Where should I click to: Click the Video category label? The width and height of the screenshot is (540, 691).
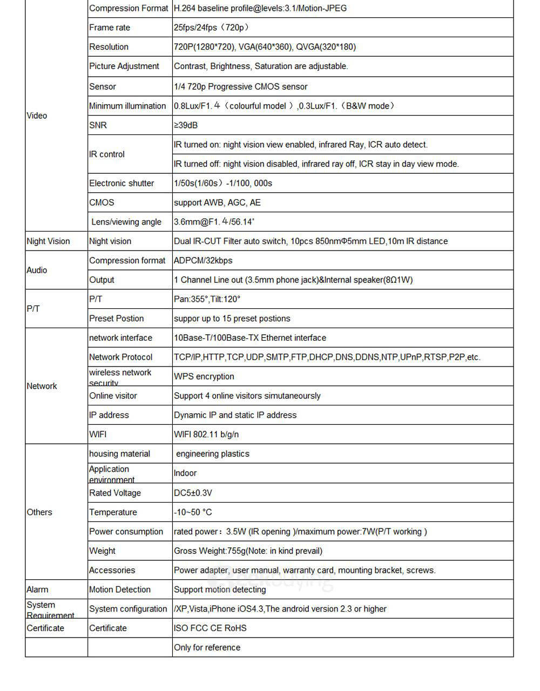pyautogui.click(x=37, y=116)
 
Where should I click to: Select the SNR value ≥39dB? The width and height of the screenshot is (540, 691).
pyautogui.click(x=186, y=125)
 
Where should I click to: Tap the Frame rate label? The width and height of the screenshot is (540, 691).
pyautogui.click(x=110, y=28)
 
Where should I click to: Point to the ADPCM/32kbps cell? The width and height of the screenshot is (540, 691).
pyautogui.click(x=203, y=260)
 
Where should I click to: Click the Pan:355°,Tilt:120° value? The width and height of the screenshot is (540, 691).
pyautogui.click(x=207, y=299)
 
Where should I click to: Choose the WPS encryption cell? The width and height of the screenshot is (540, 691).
pyautogui.click(x=204, y=376)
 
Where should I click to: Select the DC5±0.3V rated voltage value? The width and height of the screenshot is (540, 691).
pyautogui.click(x=193, y=493)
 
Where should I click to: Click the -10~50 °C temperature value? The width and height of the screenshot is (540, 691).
pyautogui.click(x=193, y=512)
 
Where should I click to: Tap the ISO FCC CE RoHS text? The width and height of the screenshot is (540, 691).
pyautogui.click(x=210, y=628)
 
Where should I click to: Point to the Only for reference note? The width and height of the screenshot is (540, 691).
pyautogui.click(x=207, y=648)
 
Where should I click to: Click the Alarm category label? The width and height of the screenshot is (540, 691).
pyautogui.click(x=37, y=590)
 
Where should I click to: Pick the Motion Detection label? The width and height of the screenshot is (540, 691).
pyautogui.click(x=120, y=590)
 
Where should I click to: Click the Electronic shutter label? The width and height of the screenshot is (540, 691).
pyautogui.click(x=122, y=183)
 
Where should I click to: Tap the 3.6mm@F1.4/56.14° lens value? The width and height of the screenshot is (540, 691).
pyautogui.click(x=214, y=222)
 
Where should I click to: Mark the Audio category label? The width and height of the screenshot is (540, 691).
pyautogui.click(x=37, y=270)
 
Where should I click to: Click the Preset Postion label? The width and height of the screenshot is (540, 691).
pyautogui.click(x=117, y=319)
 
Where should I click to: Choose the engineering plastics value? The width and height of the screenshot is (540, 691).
pyautogui.click(x=213, y=454)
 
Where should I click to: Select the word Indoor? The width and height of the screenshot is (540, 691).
pyautogui.click(x=185, y=473)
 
